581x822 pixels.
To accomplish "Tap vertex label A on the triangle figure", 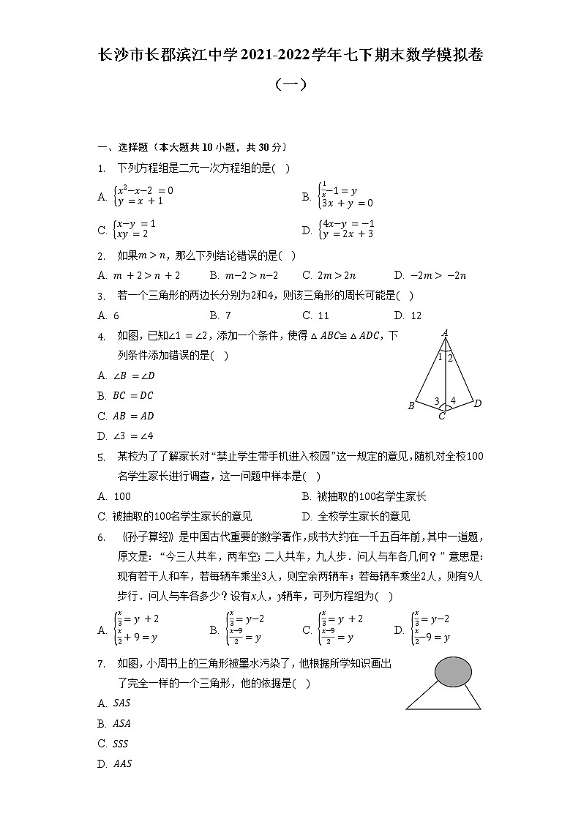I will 445,334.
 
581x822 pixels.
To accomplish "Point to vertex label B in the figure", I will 411,406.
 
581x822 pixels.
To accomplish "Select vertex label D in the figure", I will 477,403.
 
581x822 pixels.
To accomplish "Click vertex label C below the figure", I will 442,416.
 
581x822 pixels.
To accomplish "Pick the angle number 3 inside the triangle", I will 437,401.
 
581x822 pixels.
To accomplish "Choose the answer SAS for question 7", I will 122,703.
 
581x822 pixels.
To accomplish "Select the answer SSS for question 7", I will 121,744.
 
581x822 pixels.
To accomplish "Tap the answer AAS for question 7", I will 122,764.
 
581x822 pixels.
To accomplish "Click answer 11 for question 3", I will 323,315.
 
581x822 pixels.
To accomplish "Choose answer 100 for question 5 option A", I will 122,496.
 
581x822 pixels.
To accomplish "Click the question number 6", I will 100,537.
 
